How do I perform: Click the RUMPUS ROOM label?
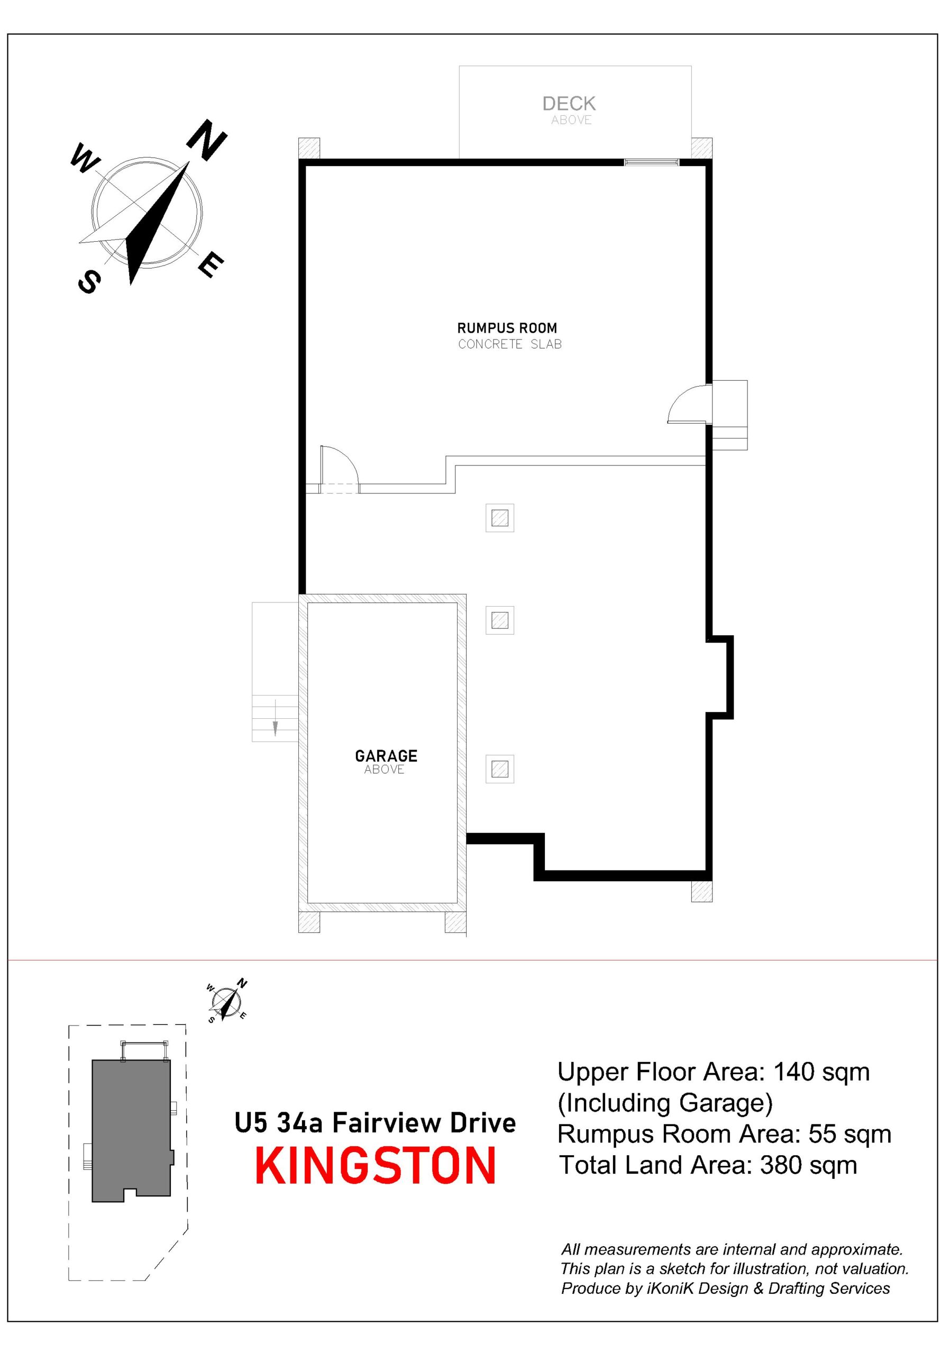point(507,328)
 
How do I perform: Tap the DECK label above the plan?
point(569,104)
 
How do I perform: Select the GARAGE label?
point(386,755)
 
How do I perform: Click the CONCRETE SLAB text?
point(510,344)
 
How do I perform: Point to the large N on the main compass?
point(207,140)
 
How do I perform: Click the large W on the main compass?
point(86,159)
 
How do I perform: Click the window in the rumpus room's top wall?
point(652,162)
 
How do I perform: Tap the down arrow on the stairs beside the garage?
point(275,718)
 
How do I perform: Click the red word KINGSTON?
point(376,1166)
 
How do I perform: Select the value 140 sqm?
point(821,1072)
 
